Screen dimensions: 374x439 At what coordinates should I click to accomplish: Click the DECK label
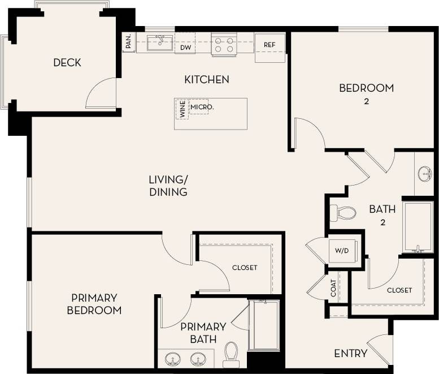coord(67,63)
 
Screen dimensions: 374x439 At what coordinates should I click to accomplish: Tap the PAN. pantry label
coord(128,42)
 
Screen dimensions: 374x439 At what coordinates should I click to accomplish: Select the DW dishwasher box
coord(185,48)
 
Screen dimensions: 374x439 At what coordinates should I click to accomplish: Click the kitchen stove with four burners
coord(223,44)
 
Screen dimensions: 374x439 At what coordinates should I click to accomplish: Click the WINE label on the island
coord(182,108)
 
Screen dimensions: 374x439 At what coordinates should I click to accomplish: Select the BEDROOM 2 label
coord(366,93)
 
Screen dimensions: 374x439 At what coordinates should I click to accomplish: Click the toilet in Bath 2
coord(343,213)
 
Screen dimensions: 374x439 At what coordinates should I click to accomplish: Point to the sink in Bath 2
coord(425,174)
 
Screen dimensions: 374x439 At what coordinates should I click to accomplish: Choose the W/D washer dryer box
coord(342,251)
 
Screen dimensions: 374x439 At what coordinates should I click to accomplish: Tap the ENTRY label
coord(350,354)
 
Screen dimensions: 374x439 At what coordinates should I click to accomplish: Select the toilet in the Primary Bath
coord(231,352)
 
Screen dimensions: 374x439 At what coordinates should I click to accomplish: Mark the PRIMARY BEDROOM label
coord(94,304)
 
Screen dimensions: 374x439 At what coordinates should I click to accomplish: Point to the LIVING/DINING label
coord(168,186)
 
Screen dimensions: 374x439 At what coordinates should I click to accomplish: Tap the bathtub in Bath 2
coord(418,226)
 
